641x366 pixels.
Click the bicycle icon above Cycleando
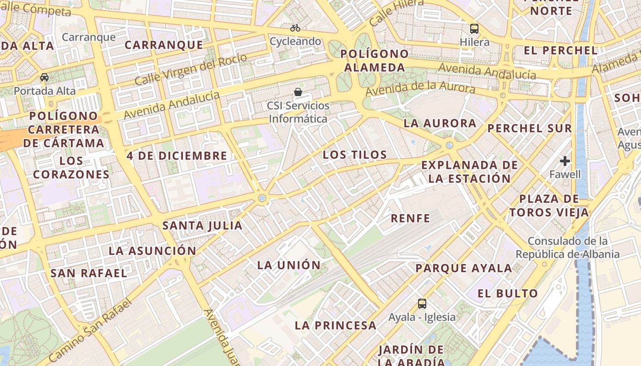[x=295, y=28]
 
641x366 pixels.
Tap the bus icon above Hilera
[x=474, y=29]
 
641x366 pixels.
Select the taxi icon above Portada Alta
[x=44, y=77]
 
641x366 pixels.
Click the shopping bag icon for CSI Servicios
[x=298, y=92]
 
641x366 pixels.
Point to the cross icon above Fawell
[x=565, y=161]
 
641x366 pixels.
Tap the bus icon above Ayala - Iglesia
[x=422, y=303]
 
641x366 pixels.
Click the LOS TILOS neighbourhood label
[x=355, y=155]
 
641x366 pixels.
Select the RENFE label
[x=411, y=218]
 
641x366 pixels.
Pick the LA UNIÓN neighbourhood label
[x=289, y=265]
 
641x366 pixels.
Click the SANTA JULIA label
[x=202, y=226]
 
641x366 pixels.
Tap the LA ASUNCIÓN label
[x=152, y=251]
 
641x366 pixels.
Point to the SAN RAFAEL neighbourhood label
[x=89, y=273]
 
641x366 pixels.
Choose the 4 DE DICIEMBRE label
[x=177, y=156]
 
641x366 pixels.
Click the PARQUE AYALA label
[x=464, y=268]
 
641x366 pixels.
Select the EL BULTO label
[x=508, y=294]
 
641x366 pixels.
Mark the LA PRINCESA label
[x=336, y=325]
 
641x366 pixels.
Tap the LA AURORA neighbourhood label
[x=440, y=124]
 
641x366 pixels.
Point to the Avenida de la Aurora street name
[x=420, y=88]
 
